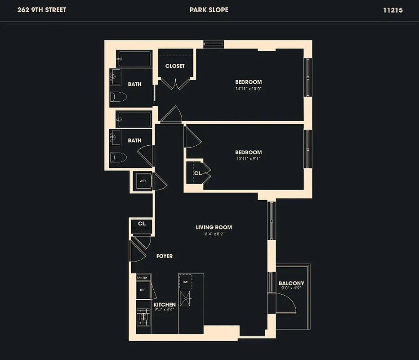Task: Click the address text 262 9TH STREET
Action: (x=42, y=10)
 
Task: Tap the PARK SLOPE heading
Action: (x=209, y=10)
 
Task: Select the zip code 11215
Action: (x=392, y=10)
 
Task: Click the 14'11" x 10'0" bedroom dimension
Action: (x=248, y=89)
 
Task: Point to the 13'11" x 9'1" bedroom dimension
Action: (x=248, y=159)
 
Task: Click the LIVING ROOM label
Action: (x=214, y=227)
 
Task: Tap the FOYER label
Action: (x=164, y=256)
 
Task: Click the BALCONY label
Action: (x=291, y=283)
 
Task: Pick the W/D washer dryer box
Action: (x=143, y=181)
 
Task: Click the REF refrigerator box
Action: (x=143, y=290)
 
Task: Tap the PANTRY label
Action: (x=143, y=278)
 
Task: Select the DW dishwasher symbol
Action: (x=185, y=282)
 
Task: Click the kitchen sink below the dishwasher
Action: (x=185, y=297)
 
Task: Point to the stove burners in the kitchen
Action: (x=143, y=317)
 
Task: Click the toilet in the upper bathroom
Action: (x=119, y=97)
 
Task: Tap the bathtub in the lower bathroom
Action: (x=134, y=120)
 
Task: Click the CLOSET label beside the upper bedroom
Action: (x=175, y=66)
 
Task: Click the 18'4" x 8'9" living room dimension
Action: (x=214, y=234)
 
